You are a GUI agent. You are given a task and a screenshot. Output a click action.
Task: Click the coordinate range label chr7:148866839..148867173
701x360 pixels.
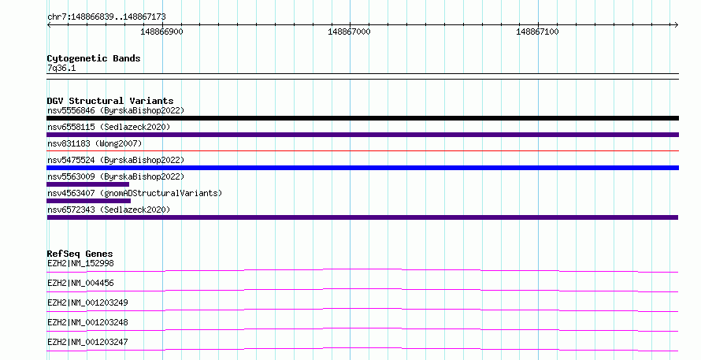pyautogui.click(x=106, y=17)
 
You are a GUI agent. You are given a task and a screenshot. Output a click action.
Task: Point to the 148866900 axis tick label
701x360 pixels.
pyautogui.click(x=161, y=32)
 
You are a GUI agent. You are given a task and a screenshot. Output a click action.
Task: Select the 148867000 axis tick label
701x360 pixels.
pyautogui.click(x=349, y=32)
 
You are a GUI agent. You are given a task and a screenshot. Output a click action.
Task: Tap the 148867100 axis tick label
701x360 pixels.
pyautogui.click(x=537, y=32)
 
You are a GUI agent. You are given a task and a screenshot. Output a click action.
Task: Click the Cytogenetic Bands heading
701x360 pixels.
pyautogui.click(x=94, y=58)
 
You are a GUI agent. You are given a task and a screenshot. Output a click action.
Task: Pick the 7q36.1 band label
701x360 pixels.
pyautogui.click(x=61, y=68)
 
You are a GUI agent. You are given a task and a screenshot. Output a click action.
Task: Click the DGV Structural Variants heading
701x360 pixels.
pyautogui.click(x=110, y=101)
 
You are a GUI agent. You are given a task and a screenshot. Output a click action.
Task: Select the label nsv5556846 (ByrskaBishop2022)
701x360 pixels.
pyautogui.click(x=116, y=110)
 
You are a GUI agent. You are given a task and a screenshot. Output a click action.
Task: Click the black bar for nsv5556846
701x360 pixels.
pyautogui.click(x=362, y=118)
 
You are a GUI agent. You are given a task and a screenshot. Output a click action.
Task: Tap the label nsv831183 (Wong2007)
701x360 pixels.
pyautogui.click(x=95, y=143)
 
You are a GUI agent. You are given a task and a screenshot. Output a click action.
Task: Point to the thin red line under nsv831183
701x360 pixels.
pyautogui.click(x=362, y=151)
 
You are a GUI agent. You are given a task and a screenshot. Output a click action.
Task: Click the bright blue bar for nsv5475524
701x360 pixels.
pyautogui.click(x=362, y=168)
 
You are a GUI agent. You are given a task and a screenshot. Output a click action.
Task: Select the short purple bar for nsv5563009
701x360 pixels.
pyautogui.click(x=87, y=184)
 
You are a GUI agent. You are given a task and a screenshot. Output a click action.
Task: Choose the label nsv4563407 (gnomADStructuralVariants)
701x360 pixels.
pyautogui.click(x=135, y=193)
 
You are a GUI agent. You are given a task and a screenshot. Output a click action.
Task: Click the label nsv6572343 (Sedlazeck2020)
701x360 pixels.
pyautogui.click(x=109, y=210)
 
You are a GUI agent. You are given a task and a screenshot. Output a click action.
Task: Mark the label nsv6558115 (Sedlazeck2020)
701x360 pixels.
pyautogui.click(x=109, y=127)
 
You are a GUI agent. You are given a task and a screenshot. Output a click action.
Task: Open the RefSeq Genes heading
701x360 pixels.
pyautogui.click(x=80, y=254)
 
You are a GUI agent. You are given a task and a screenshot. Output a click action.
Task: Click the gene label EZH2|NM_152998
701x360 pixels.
pyautogui.click(x=80, y=263)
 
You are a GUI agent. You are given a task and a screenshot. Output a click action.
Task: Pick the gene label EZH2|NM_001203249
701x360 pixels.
pyautogui.click(x=87, y=302)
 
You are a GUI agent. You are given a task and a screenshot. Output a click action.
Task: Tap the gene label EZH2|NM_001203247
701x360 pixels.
pyautogui.click(x=87, y=342)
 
